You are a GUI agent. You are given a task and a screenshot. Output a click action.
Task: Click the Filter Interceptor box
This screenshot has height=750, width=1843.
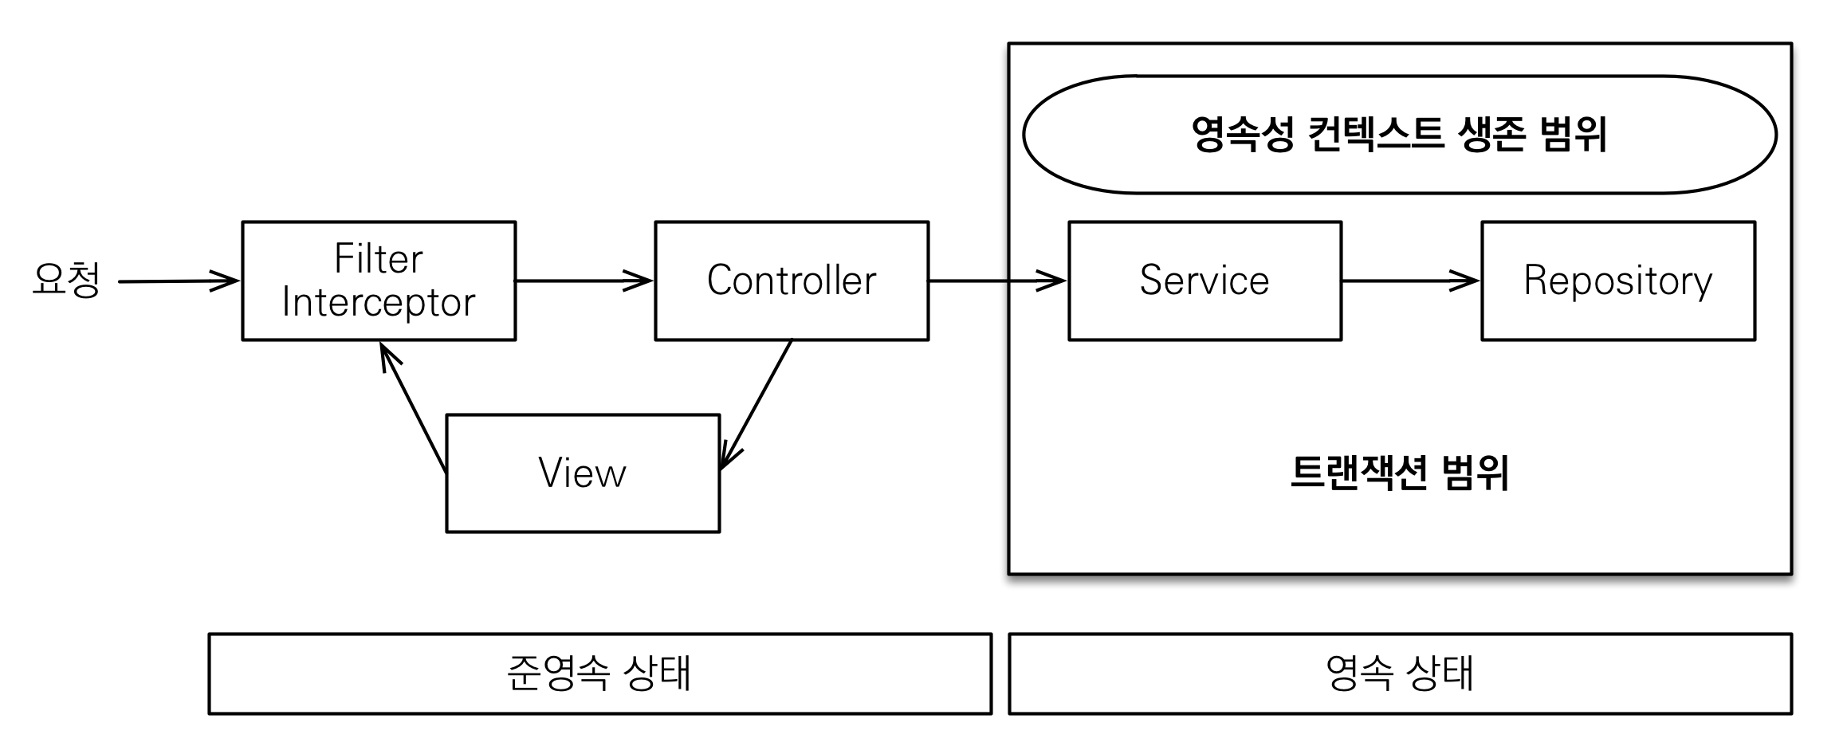pyautogui.click(x=379, y=281)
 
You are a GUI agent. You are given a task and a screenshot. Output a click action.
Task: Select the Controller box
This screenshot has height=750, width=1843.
pyautogui.click(x=792, y=281)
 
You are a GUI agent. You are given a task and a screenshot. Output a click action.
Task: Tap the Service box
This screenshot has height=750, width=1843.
pyautogui.click(x=1204, y=281)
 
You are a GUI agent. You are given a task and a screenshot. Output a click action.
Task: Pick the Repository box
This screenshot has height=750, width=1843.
pyautogui.click(x=1618, y=281)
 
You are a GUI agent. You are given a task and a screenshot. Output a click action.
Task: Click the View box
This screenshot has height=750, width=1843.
pyautogui.click(x=583, y=473)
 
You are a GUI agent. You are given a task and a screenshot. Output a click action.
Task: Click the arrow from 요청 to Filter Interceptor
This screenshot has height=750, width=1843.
pyautogui.click(x=177, y=281)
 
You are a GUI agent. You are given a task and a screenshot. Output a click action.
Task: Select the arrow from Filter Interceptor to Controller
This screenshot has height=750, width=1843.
pyautogui.click(x=584, y=281)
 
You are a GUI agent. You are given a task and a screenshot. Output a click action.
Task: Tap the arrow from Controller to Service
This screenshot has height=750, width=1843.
pyautogui.click(x=996, y=281)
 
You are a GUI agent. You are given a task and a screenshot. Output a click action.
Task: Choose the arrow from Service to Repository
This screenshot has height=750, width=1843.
pyautogui.click(x=1409, y=281)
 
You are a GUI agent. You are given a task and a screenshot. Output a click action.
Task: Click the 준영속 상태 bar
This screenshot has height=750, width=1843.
pyautogui.click(x=599, y=673)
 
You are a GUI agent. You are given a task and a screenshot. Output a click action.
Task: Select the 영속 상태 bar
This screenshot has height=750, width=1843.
pyautogui.click(x=1400, y=673)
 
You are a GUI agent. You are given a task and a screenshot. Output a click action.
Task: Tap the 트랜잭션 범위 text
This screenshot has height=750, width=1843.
pyautogui.click(x=1399, y=473)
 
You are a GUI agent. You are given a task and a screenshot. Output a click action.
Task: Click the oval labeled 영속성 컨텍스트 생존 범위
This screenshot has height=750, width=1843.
pyautogui.click(x=1399, y=135)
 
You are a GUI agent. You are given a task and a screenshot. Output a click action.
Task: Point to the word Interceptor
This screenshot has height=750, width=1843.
pyautogui.click(x=379, y=303)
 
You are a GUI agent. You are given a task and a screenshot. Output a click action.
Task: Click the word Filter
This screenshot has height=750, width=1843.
pyautogui.click(x=379, y=258)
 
